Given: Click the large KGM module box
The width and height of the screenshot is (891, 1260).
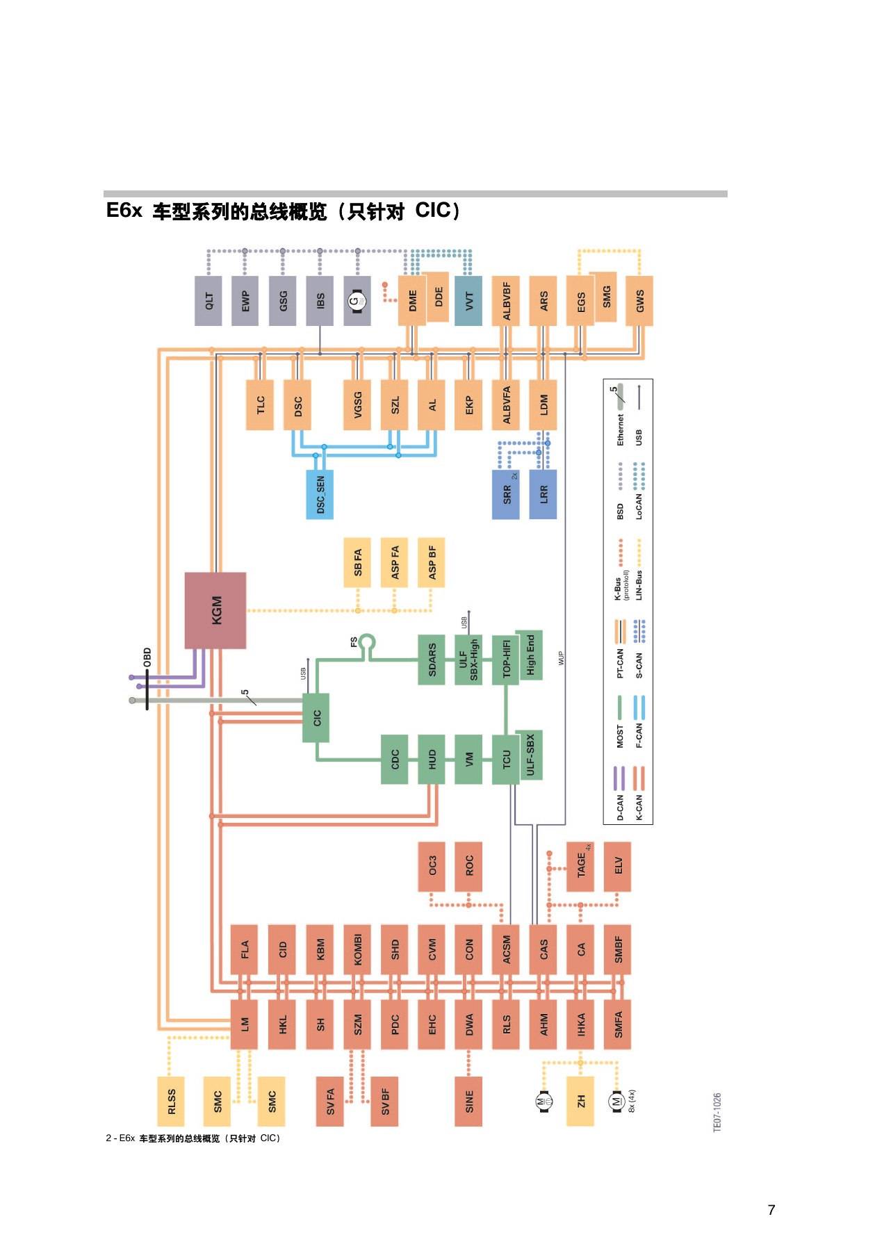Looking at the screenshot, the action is [x=215, y=610].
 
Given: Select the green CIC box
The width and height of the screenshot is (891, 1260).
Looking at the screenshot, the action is [x=316, y=717].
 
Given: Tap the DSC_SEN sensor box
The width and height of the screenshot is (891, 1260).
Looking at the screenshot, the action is [x=320, y=494].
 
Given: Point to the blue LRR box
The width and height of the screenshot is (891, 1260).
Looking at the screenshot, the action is [x=543, y=494].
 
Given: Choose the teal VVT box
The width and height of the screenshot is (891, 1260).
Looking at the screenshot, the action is [x=468, y=301].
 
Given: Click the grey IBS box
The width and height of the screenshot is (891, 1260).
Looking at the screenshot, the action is [x=320, y=301].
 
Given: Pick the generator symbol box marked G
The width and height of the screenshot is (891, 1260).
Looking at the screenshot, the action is [x=357, y=301].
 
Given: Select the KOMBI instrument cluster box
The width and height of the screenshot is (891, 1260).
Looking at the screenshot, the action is [x=357, y=949].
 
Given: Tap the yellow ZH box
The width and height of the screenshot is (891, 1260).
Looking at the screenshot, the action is [x=580, y=1101].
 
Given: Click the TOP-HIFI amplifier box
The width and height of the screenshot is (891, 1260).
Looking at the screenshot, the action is [x=506, y=660].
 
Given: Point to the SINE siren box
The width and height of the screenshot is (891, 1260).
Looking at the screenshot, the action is [x=468, y=1101].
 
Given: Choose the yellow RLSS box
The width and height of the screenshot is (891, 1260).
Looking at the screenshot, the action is [x=172, y=1101].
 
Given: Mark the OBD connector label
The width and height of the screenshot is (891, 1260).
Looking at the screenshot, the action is [x=147, y=657].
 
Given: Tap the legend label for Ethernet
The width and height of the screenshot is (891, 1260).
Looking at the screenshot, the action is [x=620, y=429].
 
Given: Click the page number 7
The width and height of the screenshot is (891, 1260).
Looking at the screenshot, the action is [x=771, y=1209].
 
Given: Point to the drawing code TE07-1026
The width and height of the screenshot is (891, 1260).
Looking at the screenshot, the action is [x=717, y=1112].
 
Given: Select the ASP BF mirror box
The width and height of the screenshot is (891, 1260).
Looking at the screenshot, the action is [x=432, y=562].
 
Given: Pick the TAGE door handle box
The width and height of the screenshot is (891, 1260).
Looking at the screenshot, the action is [x=580, y=866].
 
